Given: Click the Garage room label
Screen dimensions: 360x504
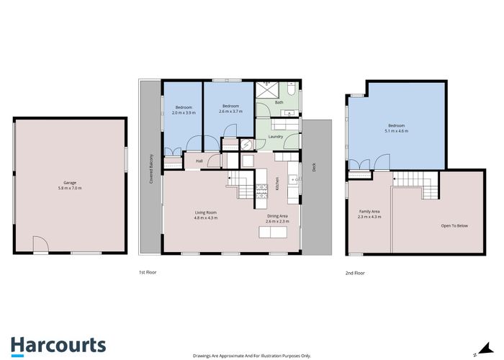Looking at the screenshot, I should tap(70, 182).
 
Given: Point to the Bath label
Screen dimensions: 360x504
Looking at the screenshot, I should tap(279, 103).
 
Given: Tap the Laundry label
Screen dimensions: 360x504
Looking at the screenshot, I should tap(276, 136).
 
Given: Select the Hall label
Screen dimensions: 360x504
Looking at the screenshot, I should tap(199, 161).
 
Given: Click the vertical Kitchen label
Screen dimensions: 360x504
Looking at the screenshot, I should tap(277, 186).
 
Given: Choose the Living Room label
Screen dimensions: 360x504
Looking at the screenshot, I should tap(206, 212).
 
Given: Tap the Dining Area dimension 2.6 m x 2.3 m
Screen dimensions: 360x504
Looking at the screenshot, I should tap(277, 222).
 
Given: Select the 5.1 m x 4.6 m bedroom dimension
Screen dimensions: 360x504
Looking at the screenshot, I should tap(397, 131).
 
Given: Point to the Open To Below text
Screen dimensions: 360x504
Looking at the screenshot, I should tap(454, 226).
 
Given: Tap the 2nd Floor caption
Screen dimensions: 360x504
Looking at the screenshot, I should tap(354, 273).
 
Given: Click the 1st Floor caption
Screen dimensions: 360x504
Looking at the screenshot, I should tap(148, 273).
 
